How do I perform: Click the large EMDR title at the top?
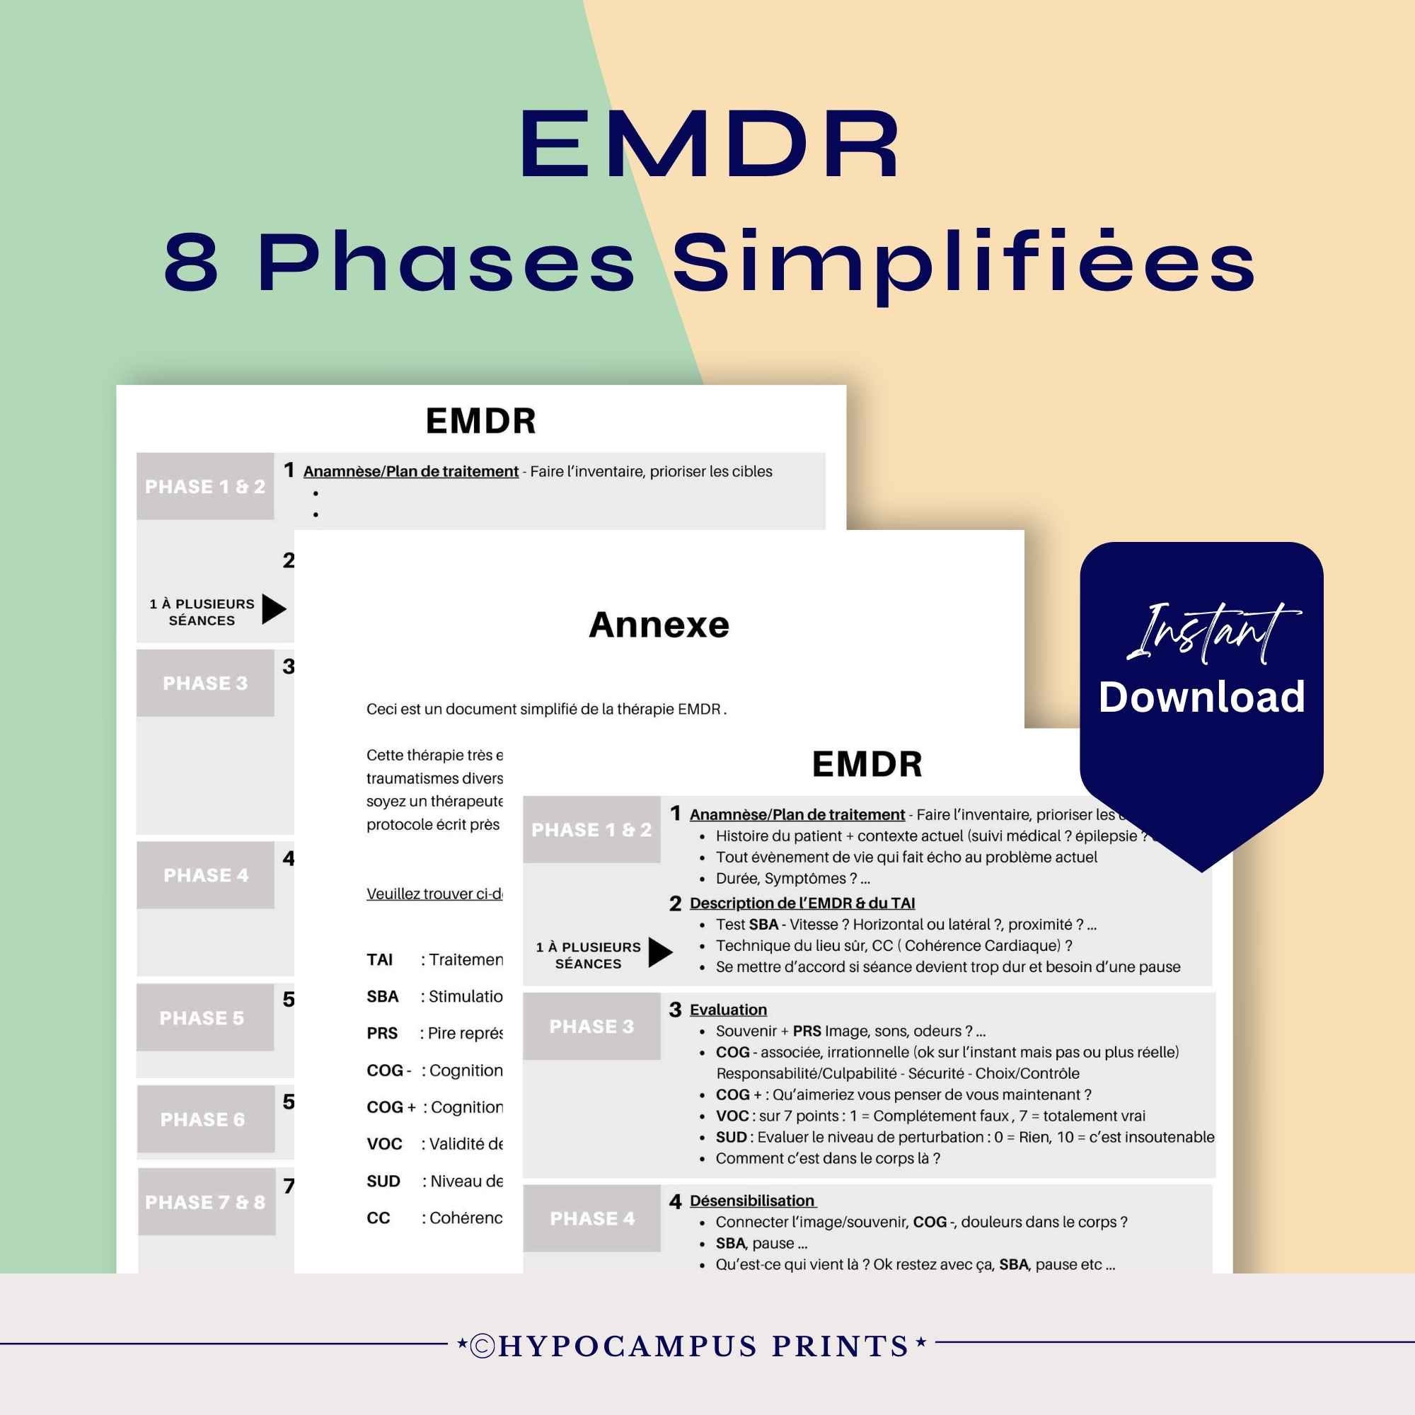click(x=709, y=144)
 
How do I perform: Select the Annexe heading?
click(x=659, y=625)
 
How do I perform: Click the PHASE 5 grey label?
click(x=202, y=1018)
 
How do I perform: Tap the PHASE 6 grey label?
click(x=203, y=1119)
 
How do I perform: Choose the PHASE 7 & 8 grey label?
click(x=205, y=1202)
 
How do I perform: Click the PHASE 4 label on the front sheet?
click(x=591, y=1218)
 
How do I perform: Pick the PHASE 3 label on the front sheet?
click(x=591, y=1026)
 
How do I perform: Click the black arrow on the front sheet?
click(x=659, y=952)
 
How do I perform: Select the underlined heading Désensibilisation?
click(x=752, y=1201)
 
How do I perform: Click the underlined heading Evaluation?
click(x=728, y=1010)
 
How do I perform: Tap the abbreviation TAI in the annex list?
click(x=379, y=959)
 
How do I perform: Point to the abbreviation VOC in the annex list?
click(x=384, y=1143)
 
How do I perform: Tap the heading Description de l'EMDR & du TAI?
click(x=802, y=903)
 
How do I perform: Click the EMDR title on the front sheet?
click(x=867, y=764)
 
